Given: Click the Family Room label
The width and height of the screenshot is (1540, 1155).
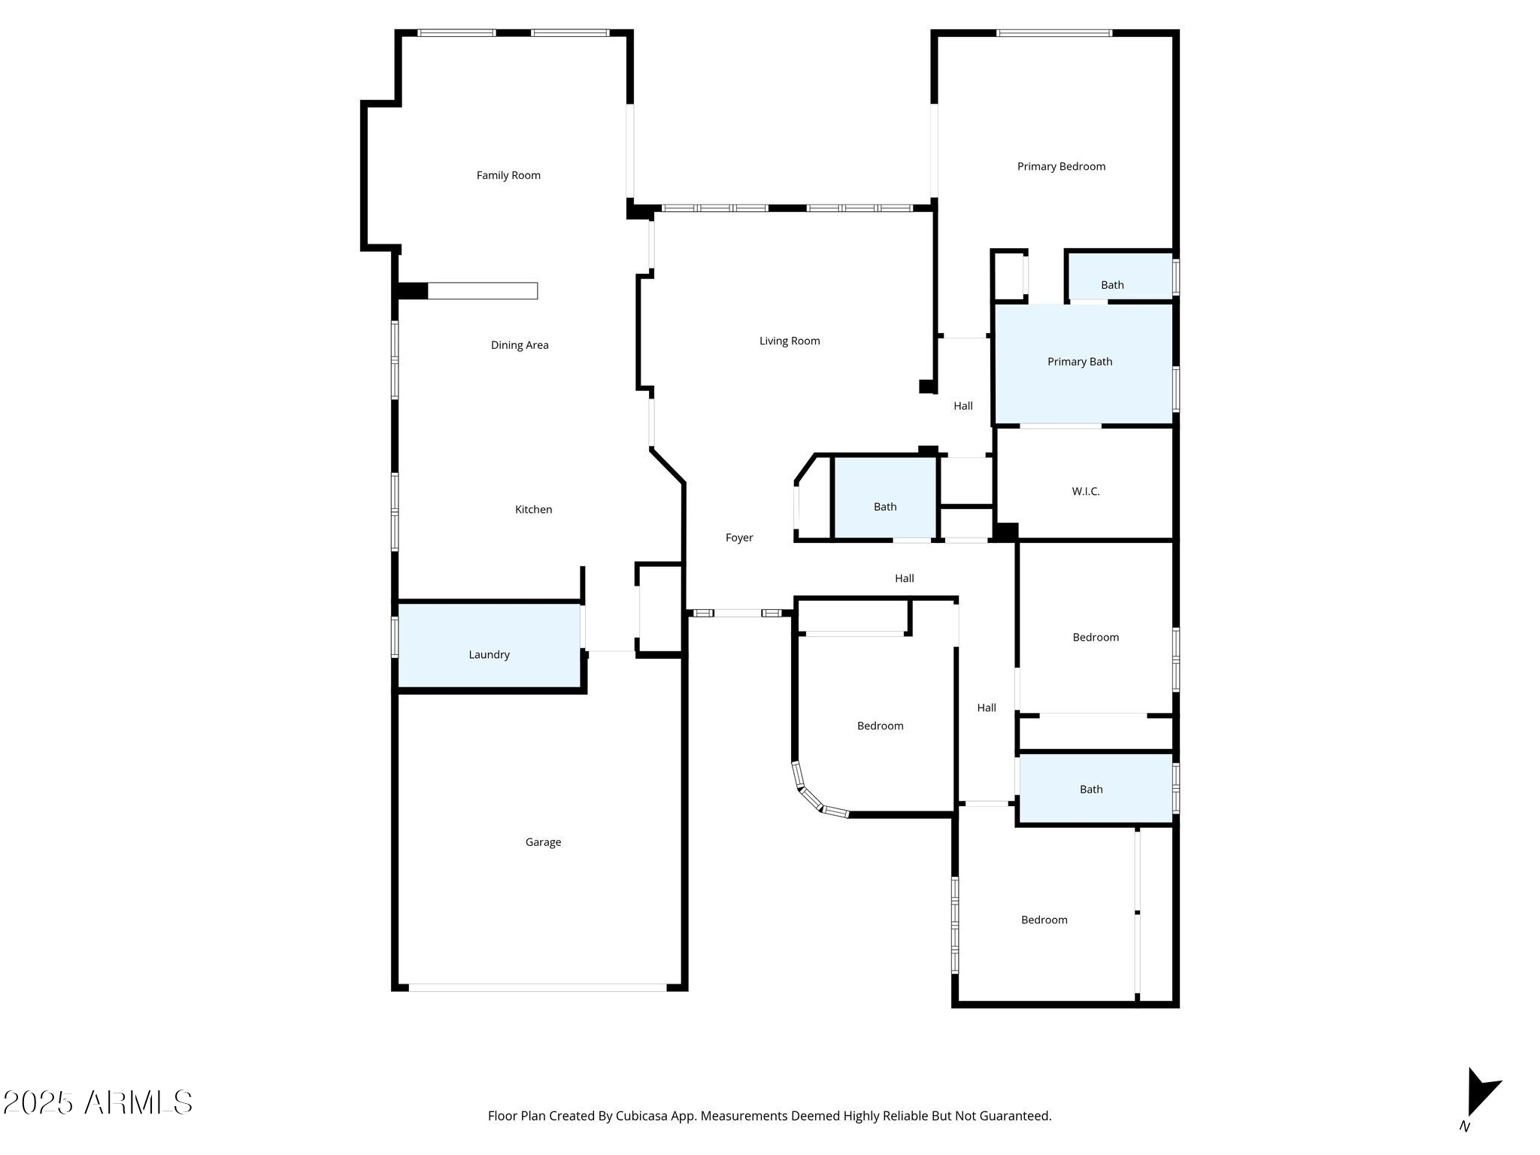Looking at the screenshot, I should click(x=508, y=175).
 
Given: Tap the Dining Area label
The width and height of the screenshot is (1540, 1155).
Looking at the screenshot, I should click(x=520, y=345).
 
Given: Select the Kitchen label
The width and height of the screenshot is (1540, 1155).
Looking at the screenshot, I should click(x=533, y=509).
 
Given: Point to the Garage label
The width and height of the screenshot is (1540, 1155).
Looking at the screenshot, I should click(x=543, y=842).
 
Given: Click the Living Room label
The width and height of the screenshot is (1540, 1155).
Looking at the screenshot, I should click(x=790, y=341).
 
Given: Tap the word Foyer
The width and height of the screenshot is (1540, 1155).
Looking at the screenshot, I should click(x=739, y=538).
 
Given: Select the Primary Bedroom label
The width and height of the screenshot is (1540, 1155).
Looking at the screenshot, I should click(x=1061, y=166).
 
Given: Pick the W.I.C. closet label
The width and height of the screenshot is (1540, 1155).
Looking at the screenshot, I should click(x=1086, y=491).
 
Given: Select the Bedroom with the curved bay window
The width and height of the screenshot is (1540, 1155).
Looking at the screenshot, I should click(x=880, y=726).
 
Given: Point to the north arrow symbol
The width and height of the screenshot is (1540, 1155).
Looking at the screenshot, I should click(x=1481, y=1094).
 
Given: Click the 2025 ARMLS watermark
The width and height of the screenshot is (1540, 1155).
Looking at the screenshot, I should click(x=98, y=1103).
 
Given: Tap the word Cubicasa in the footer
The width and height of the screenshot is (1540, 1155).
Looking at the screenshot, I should click(x=643, y=1116).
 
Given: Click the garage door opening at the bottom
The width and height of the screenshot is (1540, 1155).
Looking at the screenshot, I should click(x=537, y=987).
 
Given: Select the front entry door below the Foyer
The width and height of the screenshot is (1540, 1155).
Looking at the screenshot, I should click(x=738, y=613).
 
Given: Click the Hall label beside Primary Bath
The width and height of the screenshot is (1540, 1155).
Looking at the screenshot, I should click(x=963, y=406).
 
